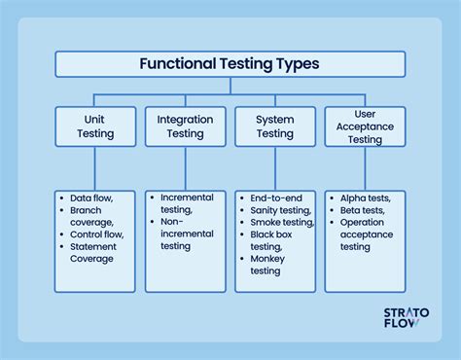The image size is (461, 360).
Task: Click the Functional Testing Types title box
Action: point(230,64)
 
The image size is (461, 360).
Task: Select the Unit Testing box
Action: point(94,126)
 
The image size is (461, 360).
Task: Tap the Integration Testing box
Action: point(185,126)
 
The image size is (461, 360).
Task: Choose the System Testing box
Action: point(275,126)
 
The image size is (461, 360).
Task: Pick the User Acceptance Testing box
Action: point(365,126)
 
